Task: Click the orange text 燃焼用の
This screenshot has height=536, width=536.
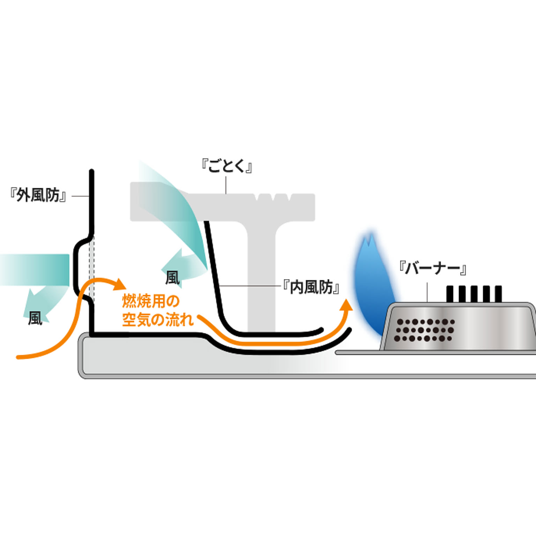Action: point(150,301)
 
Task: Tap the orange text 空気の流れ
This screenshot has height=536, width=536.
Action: point(157,319)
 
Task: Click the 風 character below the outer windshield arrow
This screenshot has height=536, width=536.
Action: point(35,318)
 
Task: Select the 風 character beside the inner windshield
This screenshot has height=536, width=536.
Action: point(172,278)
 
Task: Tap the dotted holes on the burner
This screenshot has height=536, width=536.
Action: point(424,330)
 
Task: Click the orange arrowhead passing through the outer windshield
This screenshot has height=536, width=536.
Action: point(119,284)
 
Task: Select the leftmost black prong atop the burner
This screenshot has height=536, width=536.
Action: point(450,294)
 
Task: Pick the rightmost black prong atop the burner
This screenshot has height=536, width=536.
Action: point(498,294)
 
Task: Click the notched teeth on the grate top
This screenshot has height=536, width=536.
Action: point(273,198)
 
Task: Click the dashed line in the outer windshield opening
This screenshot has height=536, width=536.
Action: point(92,269)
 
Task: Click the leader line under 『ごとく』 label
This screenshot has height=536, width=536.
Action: point(226,185)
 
